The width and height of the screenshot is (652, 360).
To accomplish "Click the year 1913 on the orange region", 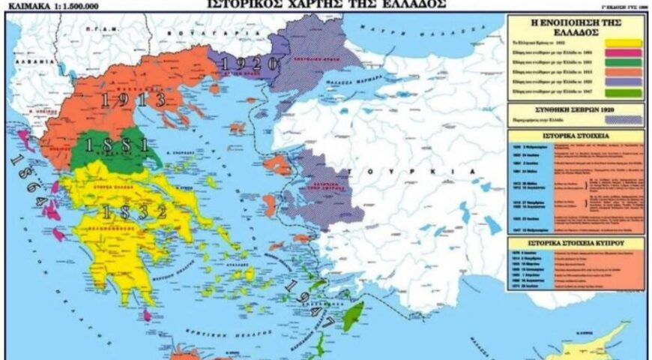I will [x=133, y=98].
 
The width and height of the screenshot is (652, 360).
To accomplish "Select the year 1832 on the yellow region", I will [x=135, y=212].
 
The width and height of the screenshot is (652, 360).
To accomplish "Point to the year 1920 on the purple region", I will [x=250, y=63].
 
